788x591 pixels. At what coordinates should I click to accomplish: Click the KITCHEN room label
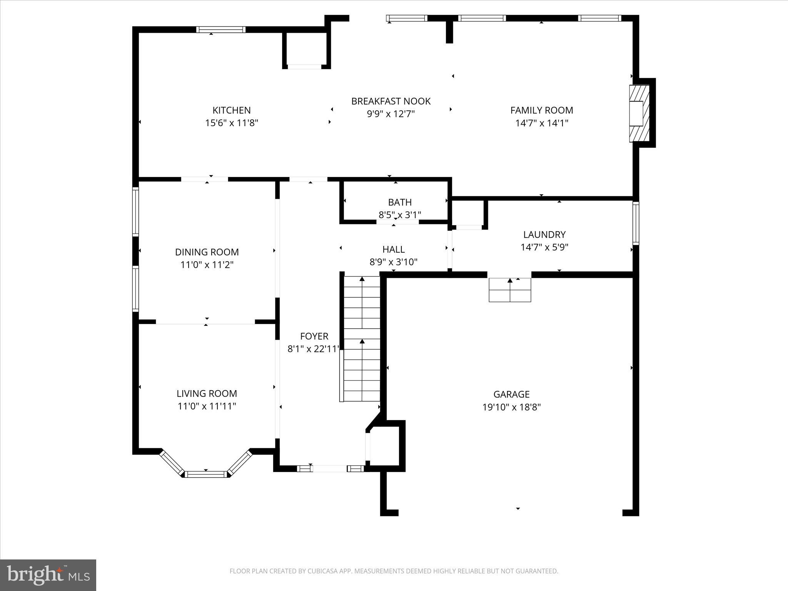click(231, 110)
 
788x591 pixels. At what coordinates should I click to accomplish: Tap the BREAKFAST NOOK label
click(391, 101)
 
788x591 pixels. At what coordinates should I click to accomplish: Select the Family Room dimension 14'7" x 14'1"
click(542, 123)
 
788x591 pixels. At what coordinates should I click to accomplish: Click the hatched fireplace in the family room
click(639, 113)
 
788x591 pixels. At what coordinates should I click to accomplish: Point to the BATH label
click(400, 202)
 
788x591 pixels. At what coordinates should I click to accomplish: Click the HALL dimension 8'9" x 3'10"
click(393, 262)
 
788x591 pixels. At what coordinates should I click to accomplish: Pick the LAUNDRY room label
click(544, 234)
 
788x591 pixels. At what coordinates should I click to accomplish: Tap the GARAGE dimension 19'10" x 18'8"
click(511, 407)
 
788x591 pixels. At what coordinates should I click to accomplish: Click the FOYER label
click(314, 336)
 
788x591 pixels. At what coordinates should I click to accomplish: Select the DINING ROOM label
click(207, 252)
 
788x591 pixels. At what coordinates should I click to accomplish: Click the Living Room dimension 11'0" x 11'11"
click(207, 406)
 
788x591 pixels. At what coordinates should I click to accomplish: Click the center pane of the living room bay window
click(206, 474)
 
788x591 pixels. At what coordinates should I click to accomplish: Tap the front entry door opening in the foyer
click(329, 469)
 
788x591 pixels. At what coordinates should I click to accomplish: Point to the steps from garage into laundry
click(510, 290)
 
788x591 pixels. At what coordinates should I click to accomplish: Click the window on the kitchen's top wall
click(220, 30)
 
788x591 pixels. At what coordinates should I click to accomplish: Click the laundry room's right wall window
click(636, 223)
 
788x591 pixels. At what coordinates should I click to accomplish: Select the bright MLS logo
click(48, 575)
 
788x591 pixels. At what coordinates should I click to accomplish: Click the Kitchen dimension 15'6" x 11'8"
click(231, 123)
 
